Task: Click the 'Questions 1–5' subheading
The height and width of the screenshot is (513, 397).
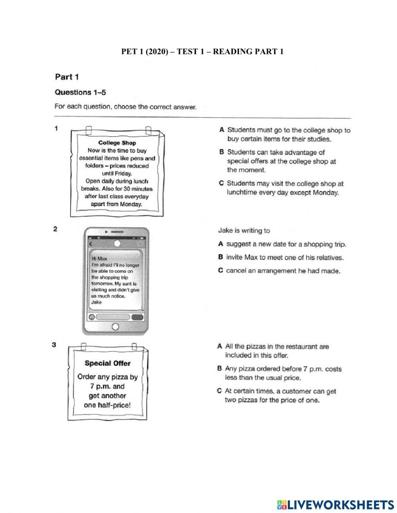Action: tap(80, 92)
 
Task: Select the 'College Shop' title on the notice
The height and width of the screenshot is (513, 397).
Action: tap(117, 143)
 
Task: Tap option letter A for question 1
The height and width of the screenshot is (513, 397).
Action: tap(222, 130)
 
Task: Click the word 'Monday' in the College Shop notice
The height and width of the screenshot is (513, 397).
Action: tap(131, 204)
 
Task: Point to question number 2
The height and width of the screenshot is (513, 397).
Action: tap(55, 229)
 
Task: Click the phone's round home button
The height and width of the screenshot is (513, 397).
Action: tap(116, 327)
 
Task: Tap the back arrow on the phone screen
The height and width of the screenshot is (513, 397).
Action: tap(91, 244)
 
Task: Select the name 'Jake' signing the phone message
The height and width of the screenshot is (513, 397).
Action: tap(96, 302)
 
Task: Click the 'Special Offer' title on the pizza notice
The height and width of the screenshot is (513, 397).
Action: tap(108, 363)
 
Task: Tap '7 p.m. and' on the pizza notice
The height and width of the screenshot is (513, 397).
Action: tap(107, 386)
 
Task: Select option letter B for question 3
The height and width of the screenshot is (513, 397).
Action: tap(220, 369)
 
